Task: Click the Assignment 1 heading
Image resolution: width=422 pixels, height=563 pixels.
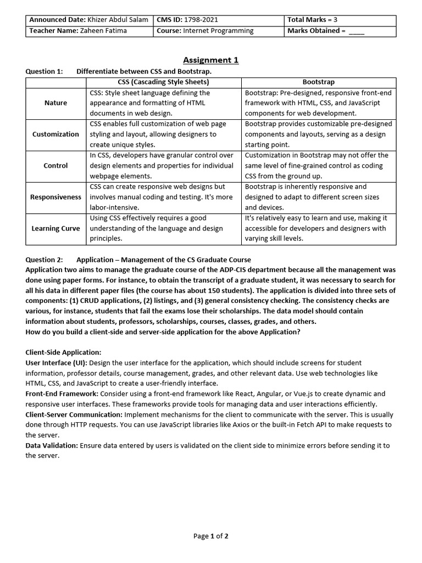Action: click(x=211, y=60)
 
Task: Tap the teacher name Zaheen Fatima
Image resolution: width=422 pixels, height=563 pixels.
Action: click(x=104, y=31)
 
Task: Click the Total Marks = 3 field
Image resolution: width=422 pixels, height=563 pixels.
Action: click(x=312, y=20)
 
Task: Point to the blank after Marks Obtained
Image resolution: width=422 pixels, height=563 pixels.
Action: click(x=356, y=31)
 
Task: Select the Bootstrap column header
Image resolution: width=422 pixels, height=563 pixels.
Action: click(x=318, y=82)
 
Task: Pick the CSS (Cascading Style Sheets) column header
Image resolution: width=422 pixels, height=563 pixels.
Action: click(x=164, y=82)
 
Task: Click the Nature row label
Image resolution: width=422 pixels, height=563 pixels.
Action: click(x=55, y=103)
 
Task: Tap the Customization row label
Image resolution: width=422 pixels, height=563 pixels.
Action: click(x=55, y=134)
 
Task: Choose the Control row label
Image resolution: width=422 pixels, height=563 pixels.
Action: click(x=55, y=165)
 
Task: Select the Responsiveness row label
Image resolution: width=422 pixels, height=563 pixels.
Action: click(x=55, y=197)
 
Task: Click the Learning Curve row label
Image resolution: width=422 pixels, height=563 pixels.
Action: click(x=55, y=228)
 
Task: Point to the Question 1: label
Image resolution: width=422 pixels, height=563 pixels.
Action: click(x=45, y=71)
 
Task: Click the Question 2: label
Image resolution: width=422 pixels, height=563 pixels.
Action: click(x=45, y=260)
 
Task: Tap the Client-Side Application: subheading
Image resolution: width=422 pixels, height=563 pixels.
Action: click(x=63, y=352)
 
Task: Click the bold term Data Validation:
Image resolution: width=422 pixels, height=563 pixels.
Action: click(x=52, y=445)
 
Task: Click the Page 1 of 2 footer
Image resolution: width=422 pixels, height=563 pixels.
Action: click(x=211, y=536)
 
